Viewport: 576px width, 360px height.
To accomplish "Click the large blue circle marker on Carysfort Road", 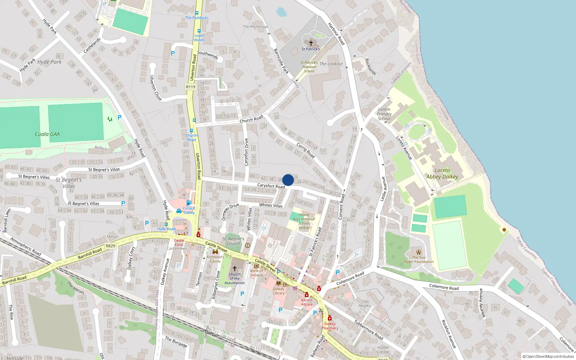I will (x=288, y=180).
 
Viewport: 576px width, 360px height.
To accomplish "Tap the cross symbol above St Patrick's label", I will (x=311, y=43).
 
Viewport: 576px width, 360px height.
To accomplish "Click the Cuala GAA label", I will (x=47, y=134).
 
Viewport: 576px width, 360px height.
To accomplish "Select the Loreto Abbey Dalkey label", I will (x=442, y=174).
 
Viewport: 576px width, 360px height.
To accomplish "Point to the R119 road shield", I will (x=190, y=87).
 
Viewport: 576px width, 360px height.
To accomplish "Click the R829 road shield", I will (x=111, y=246).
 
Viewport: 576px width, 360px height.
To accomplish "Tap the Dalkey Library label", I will (x=278, y=291).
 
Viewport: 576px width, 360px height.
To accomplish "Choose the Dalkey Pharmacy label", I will (x=330, y=326).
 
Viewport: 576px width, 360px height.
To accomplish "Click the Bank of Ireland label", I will (x=256, y=273).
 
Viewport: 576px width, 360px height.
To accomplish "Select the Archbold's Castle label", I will (x=215, y=259).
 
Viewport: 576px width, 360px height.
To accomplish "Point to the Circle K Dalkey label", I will (x=189, y=210).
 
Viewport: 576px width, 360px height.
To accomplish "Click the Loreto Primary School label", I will (x=384, y=114).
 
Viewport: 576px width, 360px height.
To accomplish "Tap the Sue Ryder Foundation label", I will (x=418, y=260).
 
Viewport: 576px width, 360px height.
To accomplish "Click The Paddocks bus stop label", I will (x=197, y=18).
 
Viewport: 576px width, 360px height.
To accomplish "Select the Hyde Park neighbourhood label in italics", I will (x=49, y=62).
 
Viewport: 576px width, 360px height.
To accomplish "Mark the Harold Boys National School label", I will (x=304, y=221).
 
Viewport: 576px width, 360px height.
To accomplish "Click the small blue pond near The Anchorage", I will (x=282, y=12).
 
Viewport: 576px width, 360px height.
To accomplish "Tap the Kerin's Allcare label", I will (x=307, y=302).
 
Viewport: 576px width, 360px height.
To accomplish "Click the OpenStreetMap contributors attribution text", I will (x=548, y=357).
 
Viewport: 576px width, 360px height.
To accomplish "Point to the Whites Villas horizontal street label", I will (x=271, y=205).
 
